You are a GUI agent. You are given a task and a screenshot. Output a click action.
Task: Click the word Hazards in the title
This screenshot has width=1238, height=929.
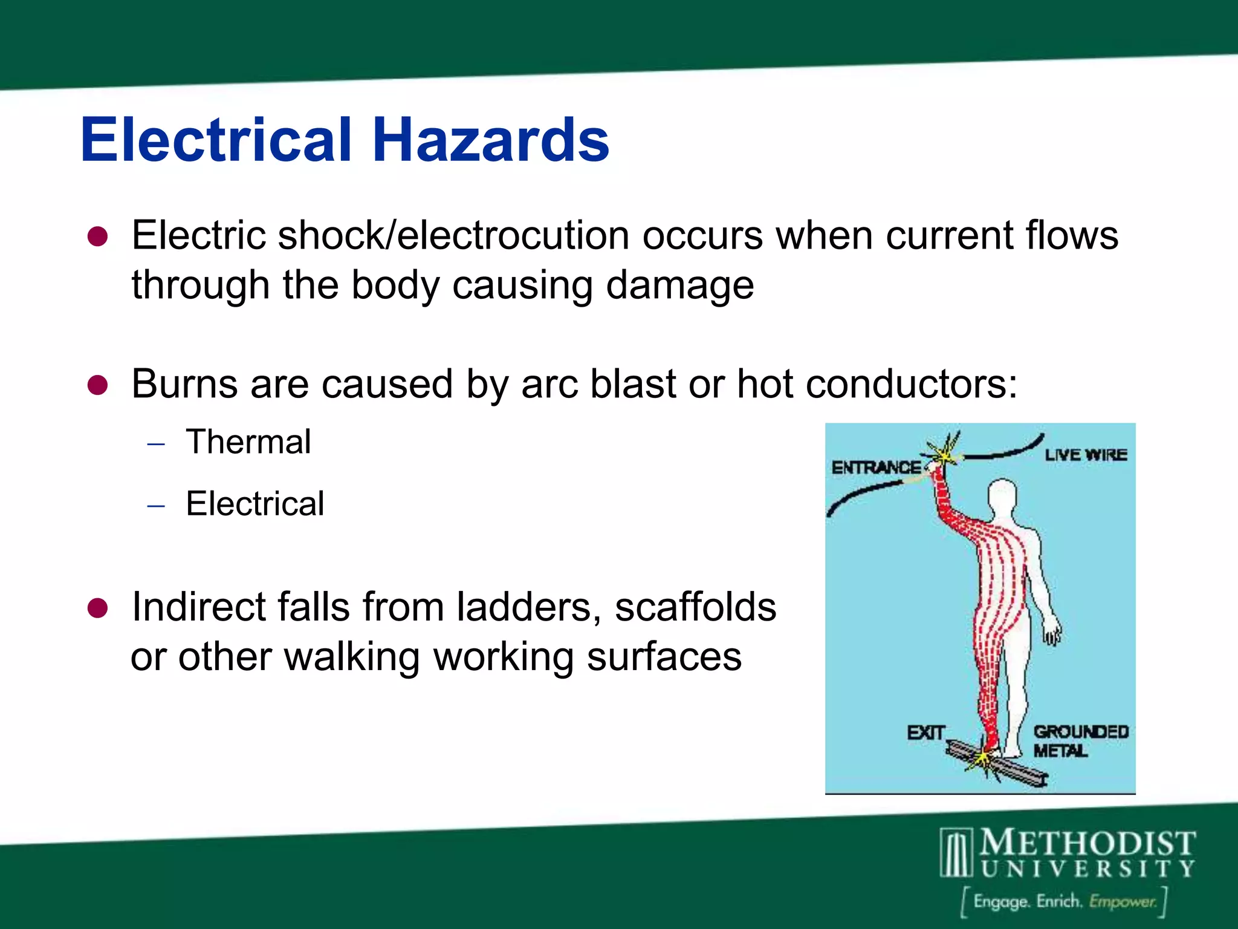490,140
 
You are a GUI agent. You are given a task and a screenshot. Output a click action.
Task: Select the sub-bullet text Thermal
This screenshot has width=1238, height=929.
248,442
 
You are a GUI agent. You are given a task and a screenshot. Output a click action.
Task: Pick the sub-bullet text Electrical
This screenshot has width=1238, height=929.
254,503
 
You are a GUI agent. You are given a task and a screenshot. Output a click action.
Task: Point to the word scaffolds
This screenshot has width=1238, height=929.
695,607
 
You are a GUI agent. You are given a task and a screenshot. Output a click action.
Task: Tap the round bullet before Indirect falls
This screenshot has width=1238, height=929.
97,608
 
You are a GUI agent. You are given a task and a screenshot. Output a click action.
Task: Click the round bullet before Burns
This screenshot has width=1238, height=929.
97,385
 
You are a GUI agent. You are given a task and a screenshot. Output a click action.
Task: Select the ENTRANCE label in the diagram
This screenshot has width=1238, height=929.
876,468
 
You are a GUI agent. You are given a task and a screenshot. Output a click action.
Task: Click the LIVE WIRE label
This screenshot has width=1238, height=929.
1086,455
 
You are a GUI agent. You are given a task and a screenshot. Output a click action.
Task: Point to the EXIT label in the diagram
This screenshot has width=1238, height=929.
925,733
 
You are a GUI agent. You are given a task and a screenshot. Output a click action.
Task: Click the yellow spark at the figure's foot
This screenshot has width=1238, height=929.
984,760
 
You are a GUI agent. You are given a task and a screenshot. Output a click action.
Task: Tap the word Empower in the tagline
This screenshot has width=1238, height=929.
1123,902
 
